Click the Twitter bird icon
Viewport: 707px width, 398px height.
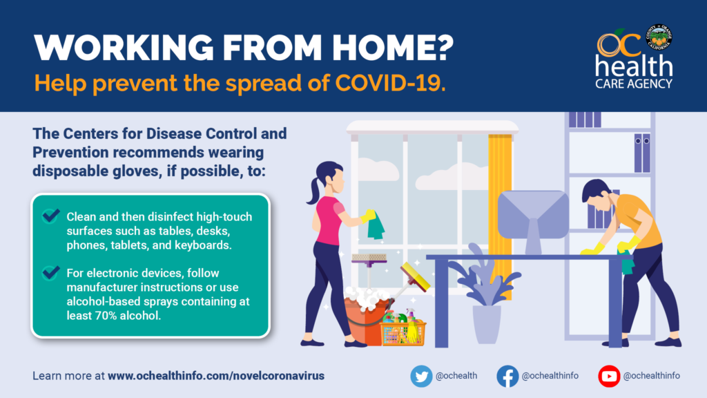point(421,376)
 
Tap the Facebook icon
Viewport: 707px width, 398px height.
point(507,376)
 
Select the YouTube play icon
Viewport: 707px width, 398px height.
point(609,376)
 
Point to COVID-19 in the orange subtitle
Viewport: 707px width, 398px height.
point(391,83)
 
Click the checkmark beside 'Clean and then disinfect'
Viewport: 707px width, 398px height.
point(50,216)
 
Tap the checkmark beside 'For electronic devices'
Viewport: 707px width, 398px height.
point(50,272)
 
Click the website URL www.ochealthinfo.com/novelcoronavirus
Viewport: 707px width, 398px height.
point(216,376)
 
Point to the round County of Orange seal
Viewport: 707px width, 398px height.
point(659,37)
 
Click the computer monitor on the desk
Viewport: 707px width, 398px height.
point(533,222)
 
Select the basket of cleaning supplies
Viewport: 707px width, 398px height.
point(403,330)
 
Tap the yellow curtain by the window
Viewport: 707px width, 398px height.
point(500,212)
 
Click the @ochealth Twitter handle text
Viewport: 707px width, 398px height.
point(456,376)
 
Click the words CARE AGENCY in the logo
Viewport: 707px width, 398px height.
point(634,84)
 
